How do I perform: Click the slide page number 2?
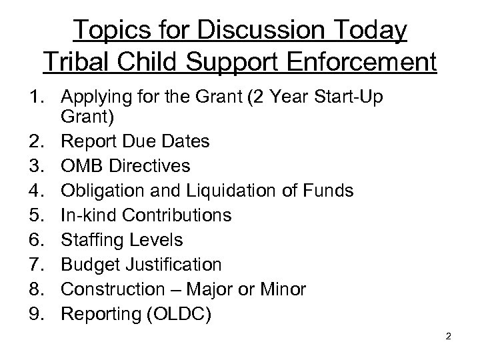449,336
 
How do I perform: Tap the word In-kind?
83,215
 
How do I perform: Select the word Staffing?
90,240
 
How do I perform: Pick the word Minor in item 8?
281,290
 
